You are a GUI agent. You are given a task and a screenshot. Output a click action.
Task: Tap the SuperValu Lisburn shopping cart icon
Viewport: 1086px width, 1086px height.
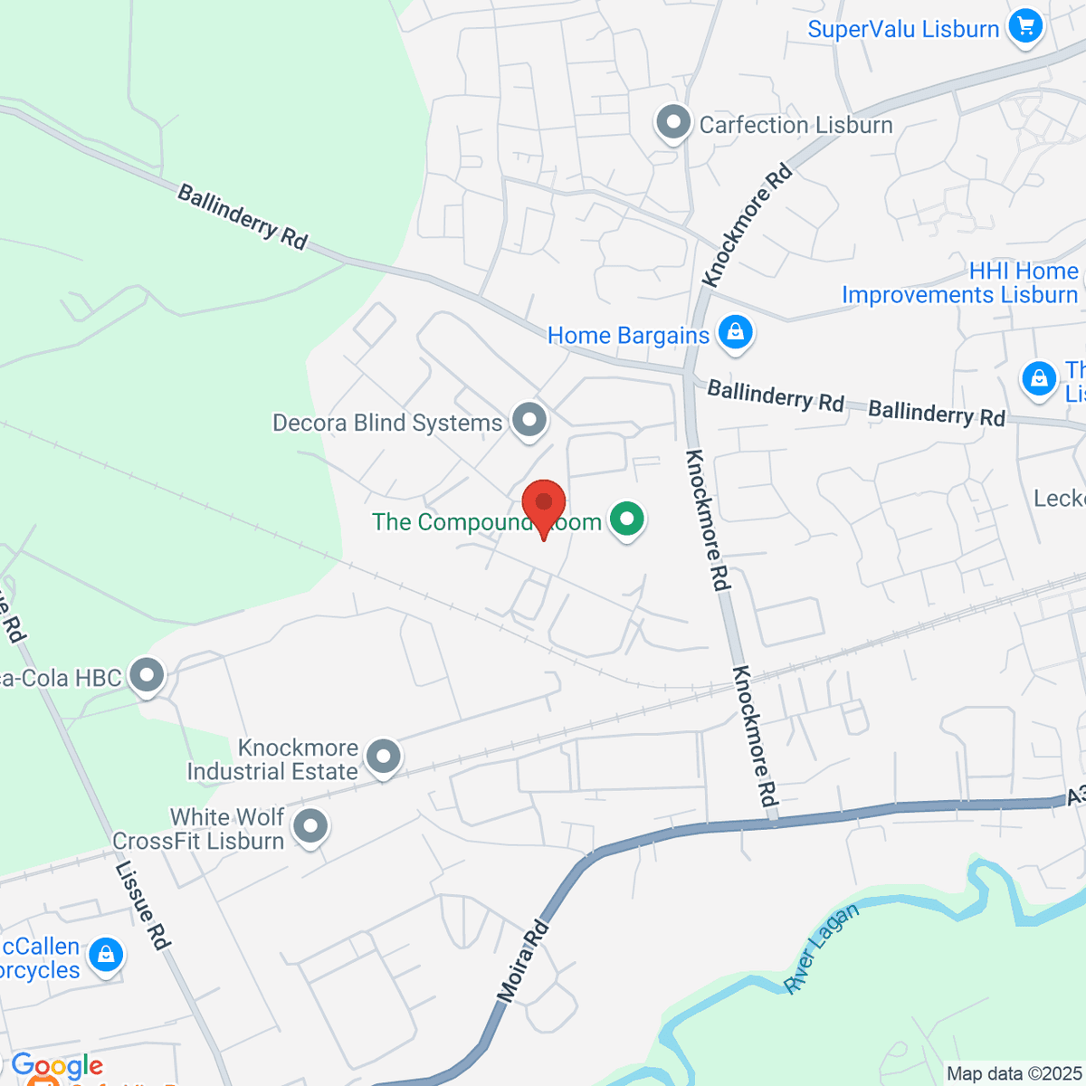[1025, 26]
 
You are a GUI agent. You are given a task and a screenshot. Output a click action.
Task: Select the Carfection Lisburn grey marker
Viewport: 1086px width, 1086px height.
[673, 124]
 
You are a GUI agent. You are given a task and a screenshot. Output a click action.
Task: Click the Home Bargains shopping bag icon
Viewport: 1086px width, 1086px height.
[736, 332]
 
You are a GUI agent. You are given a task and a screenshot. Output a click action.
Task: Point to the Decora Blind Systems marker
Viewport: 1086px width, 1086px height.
[529, 420]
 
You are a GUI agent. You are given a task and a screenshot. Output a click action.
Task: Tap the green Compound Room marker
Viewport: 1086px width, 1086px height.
[626, 519]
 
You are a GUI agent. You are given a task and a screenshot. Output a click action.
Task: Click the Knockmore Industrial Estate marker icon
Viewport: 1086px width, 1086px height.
[384, 757]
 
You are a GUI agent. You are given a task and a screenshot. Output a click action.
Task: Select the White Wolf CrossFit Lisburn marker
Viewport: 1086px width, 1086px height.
[311, 825]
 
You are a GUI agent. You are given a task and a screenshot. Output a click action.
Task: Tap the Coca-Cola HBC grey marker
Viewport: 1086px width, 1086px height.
[147, 675]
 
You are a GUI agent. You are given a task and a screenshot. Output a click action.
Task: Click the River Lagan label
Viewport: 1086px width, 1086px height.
[821, 949]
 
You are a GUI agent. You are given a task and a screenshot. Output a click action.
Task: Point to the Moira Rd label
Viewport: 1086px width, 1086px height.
[523, 961]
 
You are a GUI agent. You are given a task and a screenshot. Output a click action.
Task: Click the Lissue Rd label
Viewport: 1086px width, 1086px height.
[143, 904]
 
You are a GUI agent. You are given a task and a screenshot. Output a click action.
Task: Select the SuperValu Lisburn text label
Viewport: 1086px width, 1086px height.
[903, 29]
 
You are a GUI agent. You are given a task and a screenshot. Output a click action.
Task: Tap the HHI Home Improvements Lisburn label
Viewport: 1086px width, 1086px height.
[960, 283]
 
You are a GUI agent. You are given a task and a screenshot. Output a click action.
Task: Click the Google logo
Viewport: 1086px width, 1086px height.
[57, 1066]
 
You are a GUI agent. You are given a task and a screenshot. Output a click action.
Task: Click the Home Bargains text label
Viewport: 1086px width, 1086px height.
[628, 336]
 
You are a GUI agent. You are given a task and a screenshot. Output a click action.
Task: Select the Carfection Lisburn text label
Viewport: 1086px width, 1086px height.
[795, 125]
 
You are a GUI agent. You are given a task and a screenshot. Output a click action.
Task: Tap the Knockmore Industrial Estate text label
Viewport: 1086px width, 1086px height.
[272, 759]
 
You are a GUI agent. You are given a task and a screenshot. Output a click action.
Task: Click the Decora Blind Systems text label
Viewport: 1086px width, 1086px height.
[387, 423]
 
